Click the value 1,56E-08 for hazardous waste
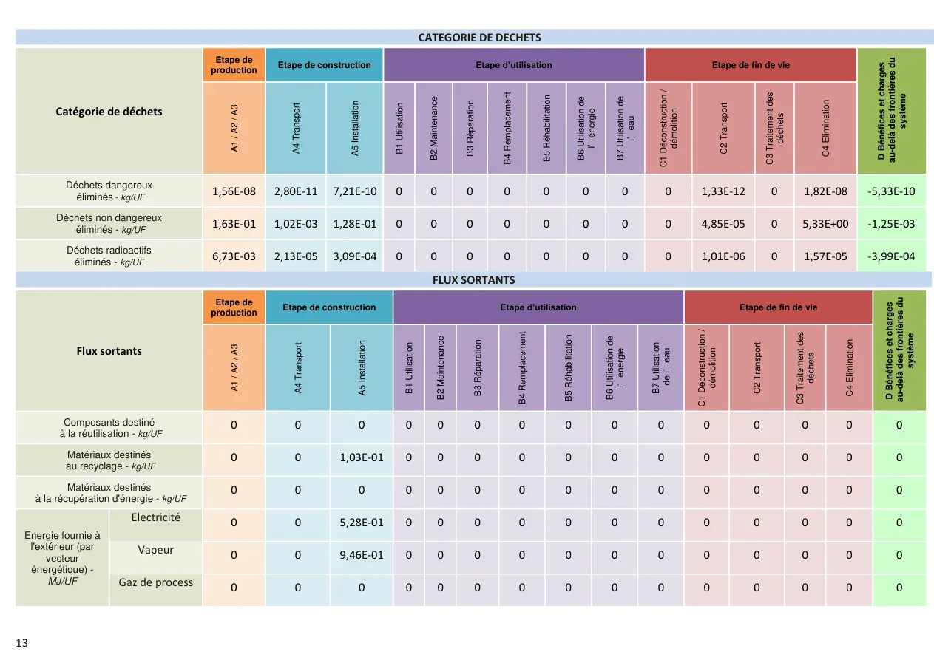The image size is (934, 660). click(234, 191)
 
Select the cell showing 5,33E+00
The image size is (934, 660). click(825, 224)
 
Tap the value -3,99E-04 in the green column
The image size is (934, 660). click(891, 256)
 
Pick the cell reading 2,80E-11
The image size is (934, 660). click(296, 191)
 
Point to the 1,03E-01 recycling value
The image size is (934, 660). click(361, 457)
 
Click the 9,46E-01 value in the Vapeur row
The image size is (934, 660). click(361, 554)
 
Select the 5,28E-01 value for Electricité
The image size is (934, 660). click(361, 522)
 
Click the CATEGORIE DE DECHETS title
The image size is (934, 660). click(479, 38)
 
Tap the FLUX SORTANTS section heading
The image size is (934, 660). click(474, 280)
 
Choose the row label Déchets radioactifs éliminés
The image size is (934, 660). click(109, 256)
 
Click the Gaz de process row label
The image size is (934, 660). click(155, 582)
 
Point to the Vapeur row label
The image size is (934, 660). click(155, 550)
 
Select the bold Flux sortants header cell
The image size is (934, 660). click(109, 351)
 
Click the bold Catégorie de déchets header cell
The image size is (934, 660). click(109, 112)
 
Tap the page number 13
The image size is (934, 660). click(21, 643)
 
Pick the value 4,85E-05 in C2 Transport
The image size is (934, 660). click(723, 224)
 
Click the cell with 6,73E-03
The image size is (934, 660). click(234, 256)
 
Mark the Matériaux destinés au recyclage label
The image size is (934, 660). click(109, 460)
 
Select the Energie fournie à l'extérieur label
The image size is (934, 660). click(62, 558)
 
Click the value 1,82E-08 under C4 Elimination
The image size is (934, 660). click(825, 191)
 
